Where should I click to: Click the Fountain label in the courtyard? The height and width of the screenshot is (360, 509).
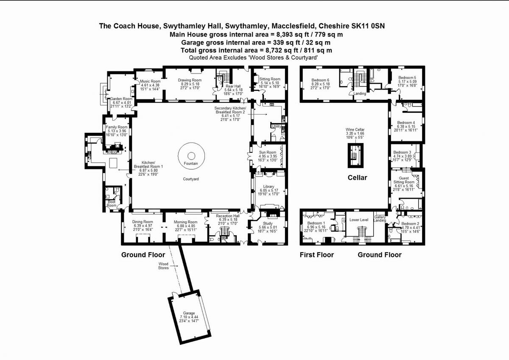coord(191,163)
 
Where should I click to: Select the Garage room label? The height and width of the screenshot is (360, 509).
coord(189,313)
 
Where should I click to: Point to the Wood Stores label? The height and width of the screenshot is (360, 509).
coord(163,266)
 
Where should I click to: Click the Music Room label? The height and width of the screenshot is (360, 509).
coord(150,81)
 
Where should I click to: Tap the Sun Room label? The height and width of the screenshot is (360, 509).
coord(268,152)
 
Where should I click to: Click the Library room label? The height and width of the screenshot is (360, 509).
coord(268,186)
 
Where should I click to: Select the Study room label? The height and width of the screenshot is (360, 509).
coord(267,223)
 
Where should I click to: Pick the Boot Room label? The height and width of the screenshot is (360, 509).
coord(111,204)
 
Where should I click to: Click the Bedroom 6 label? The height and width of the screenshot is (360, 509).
coord(320,80)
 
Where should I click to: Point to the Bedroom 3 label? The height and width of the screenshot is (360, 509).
coord(402,152)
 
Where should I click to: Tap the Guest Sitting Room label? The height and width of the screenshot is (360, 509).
coord(404,180)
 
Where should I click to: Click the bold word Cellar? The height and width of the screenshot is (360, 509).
coord(358,177)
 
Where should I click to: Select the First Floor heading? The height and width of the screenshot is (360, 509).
coord(316,255)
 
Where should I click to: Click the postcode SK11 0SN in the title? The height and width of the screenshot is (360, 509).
coord(369,26)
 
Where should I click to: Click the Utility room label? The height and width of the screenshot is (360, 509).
coord(277,126)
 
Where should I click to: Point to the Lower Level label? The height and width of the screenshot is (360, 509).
coord(358,220)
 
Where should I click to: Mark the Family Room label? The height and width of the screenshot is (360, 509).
coord(117,127)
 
